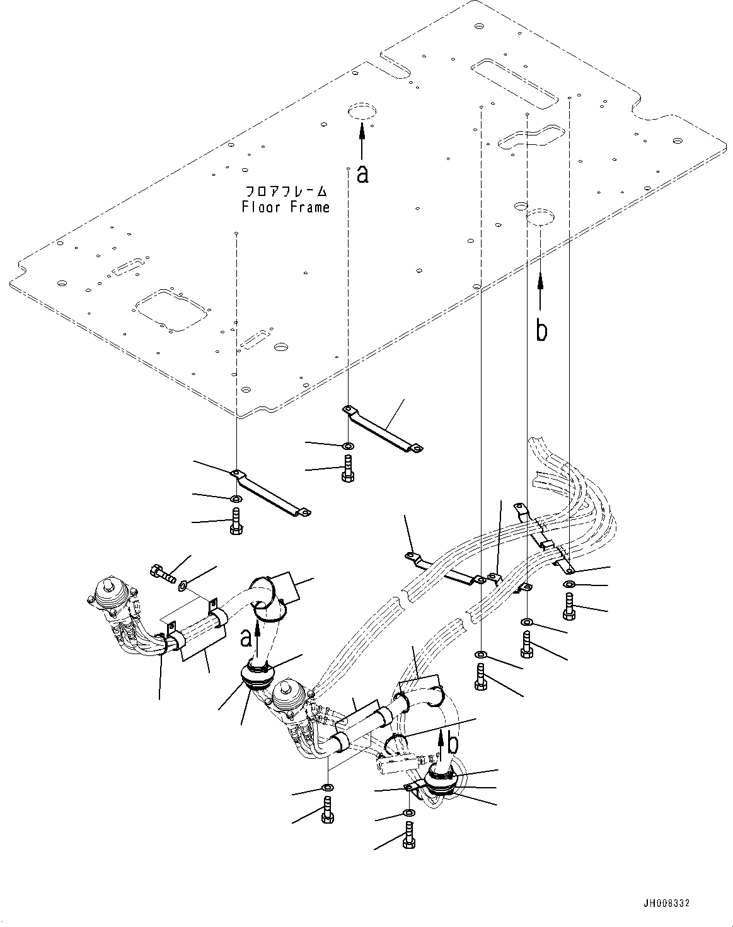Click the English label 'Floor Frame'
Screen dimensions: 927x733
tap(286, 207)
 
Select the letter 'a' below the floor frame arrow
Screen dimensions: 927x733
tap(362, 174)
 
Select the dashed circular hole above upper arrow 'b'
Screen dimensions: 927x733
tap(541, 217)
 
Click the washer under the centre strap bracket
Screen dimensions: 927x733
tap(348, 446)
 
